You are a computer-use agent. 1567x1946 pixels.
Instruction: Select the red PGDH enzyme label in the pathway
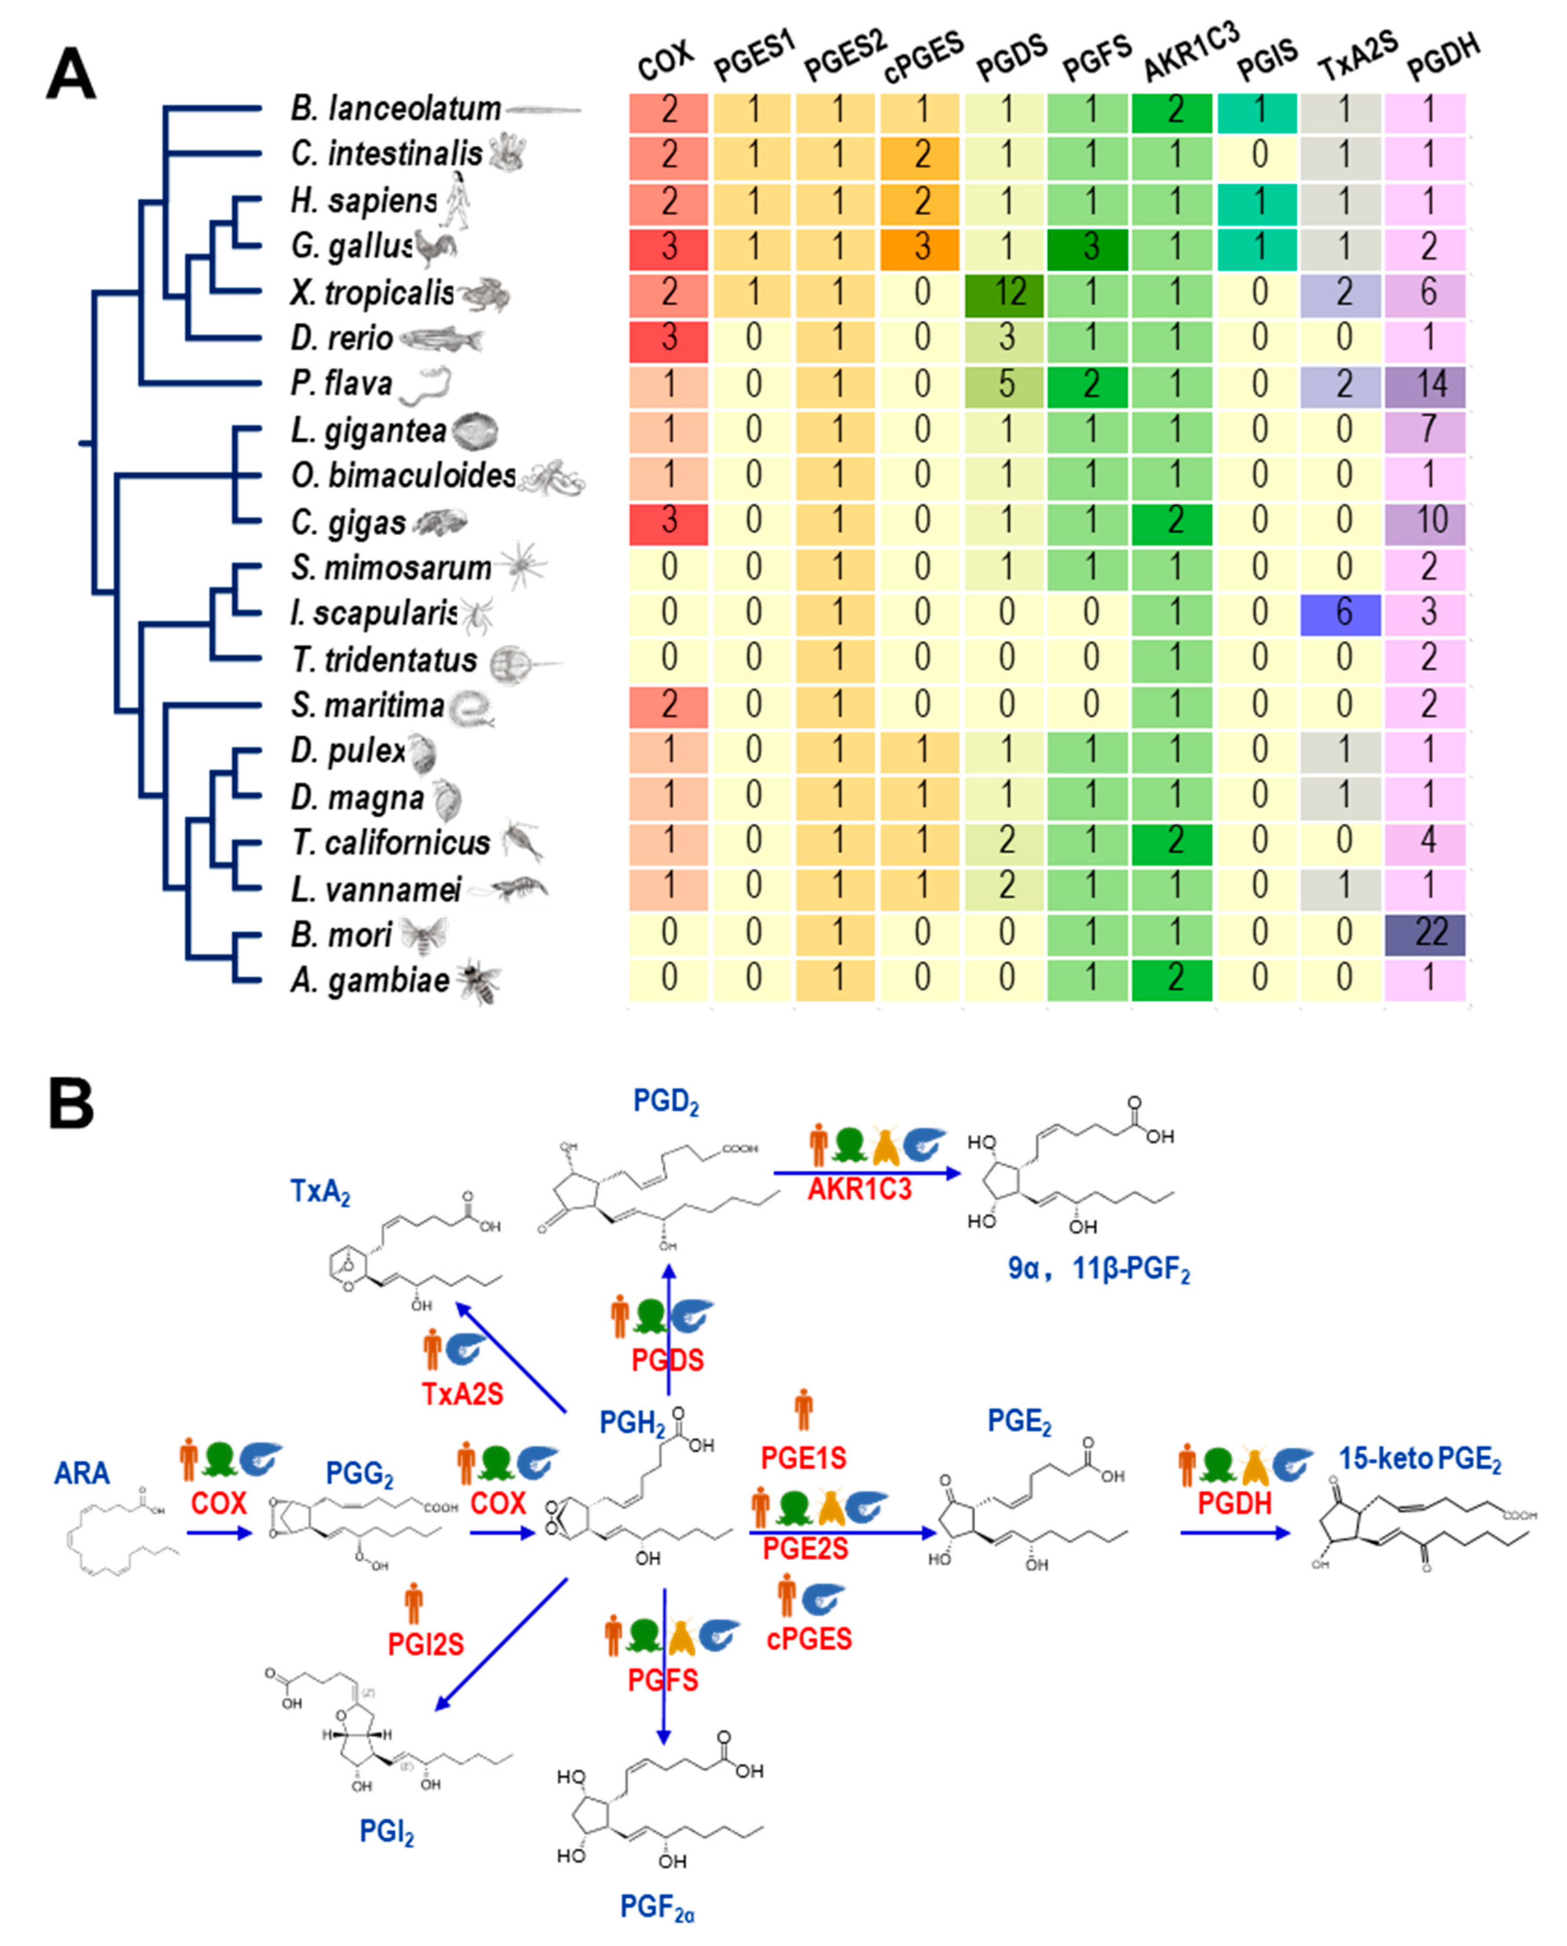point(1234,1504)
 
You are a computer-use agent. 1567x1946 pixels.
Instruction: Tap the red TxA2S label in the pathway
point(462,1395)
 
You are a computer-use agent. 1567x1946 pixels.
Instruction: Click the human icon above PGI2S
point(413,1603)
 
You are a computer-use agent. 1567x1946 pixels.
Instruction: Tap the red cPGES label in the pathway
point(809,1638)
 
